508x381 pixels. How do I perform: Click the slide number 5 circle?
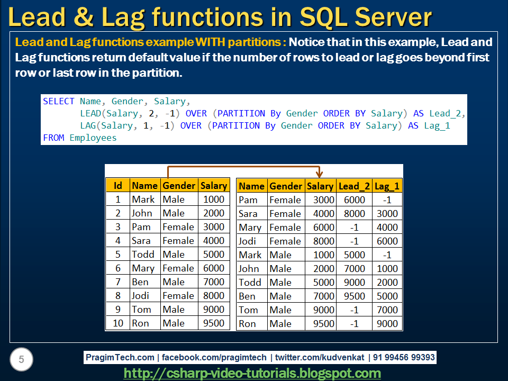tap(21, 359)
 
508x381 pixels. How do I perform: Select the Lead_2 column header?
tap(354, 186)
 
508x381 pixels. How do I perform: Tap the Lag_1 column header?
tap(387, 186)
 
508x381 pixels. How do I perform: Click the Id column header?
tap(118, 185)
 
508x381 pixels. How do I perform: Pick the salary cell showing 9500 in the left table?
tap(213, 323)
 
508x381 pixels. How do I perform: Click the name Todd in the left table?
tap(143, 255)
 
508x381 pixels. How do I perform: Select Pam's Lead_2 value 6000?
tap(355, 200)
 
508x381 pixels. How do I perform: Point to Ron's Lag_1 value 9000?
tap(387, 324)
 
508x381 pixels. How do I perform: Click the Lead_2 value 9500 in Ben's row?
tap(355, 296)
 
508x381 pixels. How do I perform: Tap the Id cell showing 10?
tap(118, 323)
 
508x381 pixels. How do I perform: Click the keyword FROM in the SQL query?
tap(53, 138)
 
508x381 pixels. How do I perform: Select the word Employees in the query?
tap(93, 138)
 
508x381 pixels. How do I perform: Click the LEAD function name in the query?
tap(90, 113)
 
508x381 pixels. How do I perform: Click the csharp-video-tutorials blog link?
tap(252, 373)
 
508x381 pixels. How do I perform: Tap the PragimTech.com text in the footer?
tap(120, 357)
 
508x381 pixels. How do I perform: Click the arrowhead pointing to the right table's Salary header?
tap(319, 174)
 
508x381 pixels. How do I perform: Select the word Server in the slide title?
tap(393, 17)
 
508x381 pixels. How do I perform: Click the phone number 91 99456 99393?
tap(404, 357)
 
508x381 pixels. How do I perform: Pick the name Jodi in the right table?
tap(247, 241)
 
